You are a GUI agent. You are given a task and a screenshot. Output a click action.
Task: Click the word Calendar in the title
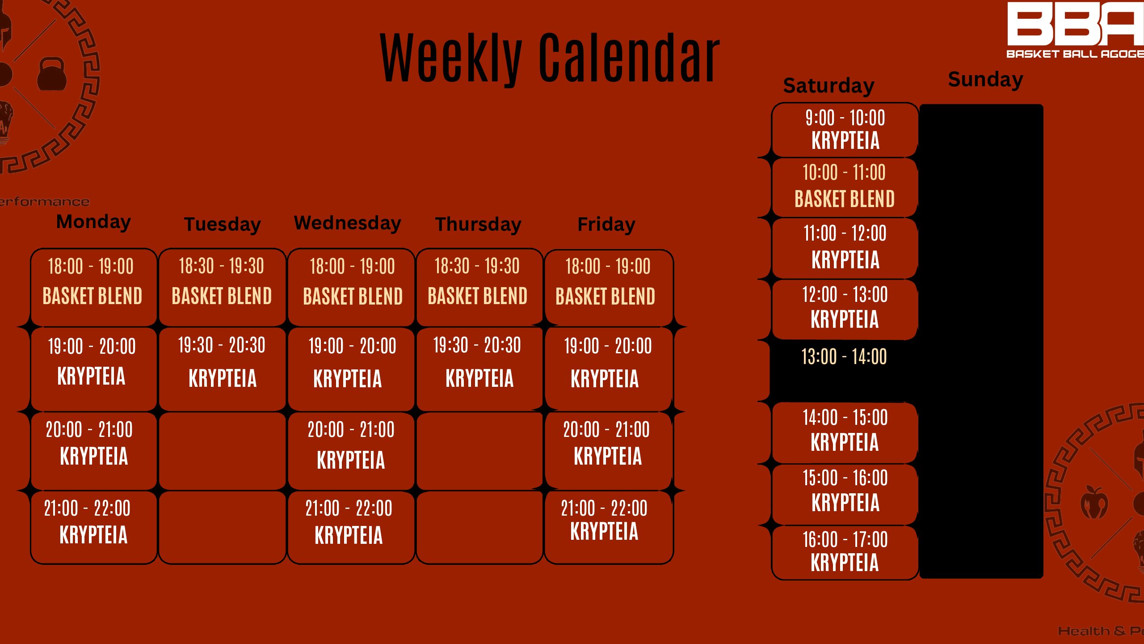629,58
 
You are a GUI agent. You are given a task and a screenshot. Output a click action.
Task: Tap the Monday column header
93,222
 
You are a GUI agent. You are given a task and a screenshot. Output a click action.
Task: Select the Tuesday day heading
222,225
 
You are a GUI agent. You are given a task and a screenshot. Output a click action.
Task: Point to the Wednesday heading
348,223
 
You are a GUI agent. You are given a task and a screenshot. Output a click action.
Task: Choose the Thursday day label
478,224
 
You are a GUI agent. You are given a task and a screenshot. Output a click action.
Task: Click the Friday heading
606,225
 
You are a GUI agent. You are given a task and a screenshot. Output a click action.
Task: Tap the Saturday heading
829,86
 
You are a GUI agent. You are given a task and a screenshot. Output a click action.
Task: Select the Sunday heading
985,80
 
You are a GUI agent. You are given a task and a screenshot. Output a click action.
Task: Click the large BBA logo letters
1075,23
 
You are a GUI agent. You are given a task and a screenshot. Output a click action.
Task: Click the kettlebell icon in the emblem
52,74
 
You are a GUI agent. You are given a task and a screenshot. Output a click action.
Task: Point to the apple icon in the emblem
1094,502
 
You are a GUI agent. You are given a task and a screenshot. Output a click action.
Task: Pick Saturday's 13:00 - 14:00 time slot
844,357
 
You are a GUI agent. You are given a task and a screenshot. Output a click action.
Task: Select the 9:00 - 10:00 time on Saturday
845,118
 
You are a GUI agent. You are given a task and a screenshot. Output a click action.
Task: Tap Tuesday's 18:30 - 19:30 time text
222,266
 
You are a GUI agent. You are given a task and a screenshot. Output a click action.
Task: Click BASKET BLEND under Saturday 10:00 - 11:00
845,199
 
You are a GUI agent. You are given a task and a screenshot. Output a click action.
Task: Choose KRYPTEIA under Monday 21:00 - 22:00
93,535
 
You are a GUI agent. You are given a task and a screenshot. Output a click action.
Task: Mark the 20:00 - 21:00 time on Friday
606,430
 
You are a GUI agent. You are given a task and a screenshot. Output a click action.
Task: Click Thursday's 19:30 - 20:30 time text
477,345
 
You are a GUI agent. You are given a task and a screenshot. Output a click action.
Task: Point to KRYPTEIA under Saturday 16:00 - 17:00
845,563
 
